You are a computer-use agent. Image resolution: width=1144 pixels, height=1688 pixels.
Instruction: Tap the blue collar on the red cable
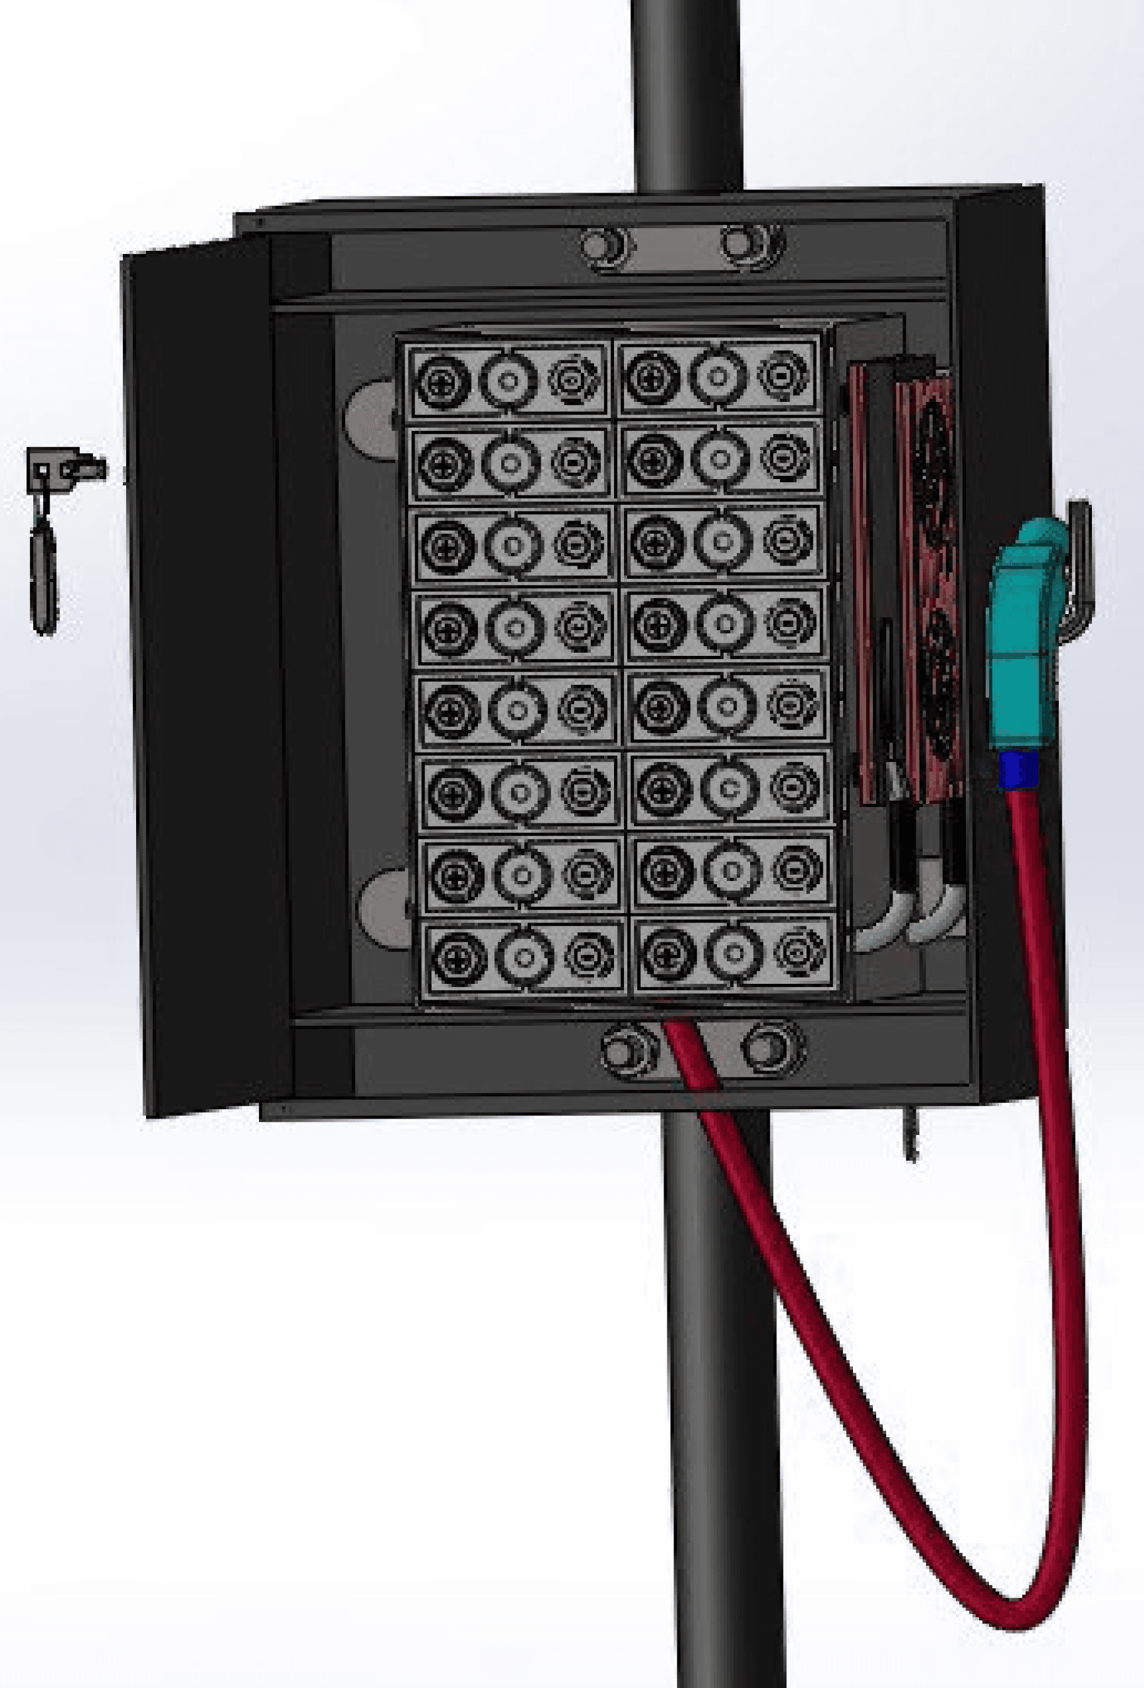[1019, 771]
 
